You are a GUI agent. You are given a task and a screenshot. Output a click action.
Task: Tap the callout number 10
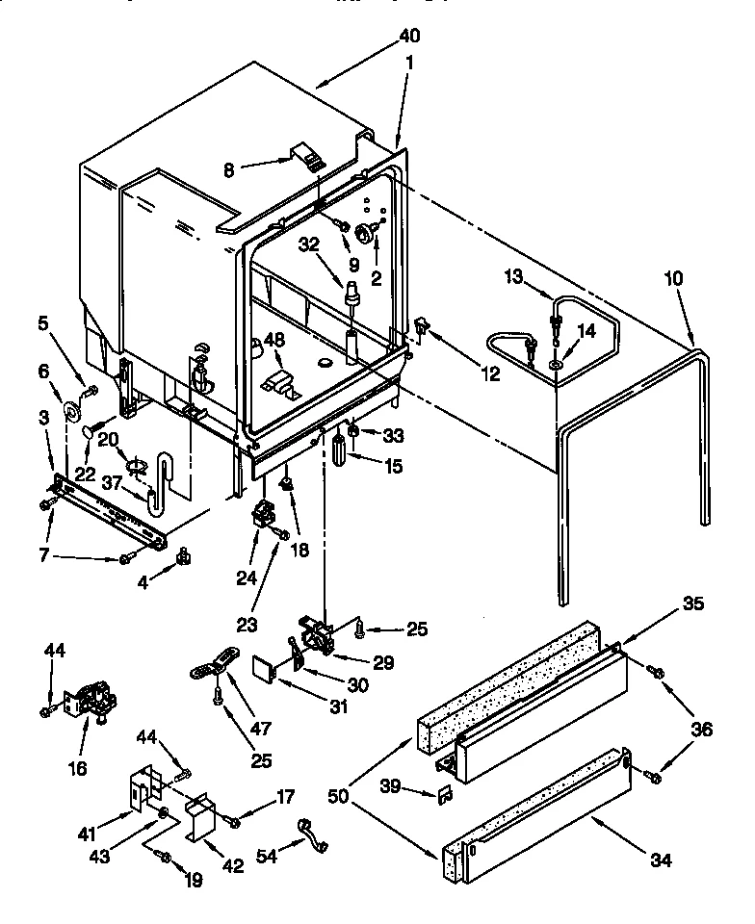coord(673,278)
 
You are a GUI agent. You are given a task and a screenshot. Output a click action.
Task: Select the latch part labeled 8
coord(306,156)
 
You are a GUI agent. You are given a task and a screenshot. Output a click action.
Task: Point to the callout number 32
coord(307,244)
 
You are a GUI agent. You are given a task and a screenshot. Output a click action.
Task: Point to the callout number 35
coord(692,604)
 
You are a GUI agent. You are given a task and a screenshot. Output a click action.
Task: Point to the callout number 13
coord(512,278)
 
